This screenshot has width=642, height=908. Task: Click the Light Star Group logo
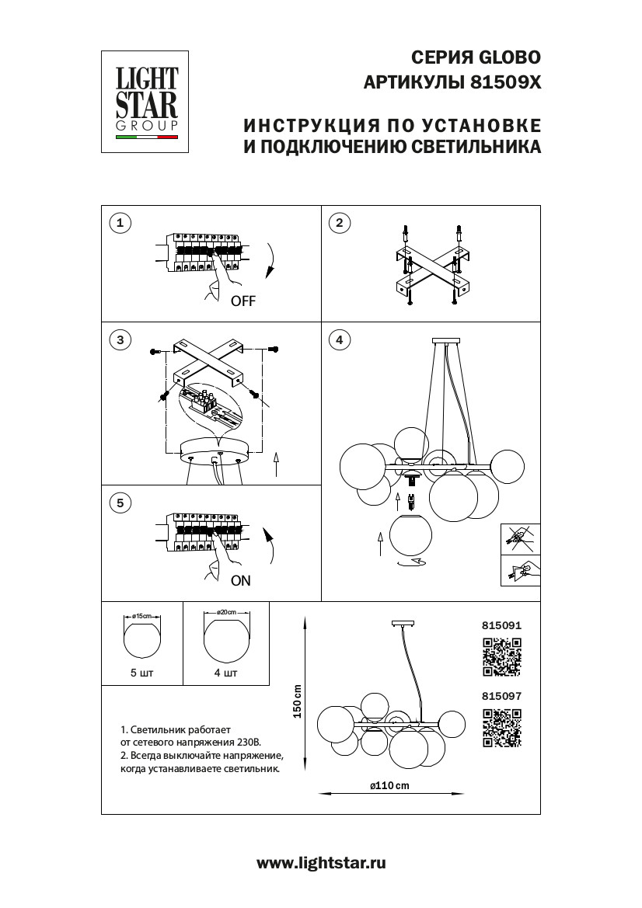click(148, 102)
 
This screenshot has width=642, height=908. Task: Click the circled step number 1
click(119, 224)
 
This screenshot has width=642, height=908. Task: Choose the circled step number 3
click(119, 339)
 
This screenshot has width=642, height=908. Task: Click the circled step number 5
click(119, 503)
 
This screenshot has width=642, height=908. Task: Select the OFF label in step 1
click(242, 302)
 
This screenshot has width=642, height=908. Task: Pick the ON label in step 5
click(241, 580)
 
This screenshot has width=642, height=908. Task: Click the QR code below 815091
click(501, 656)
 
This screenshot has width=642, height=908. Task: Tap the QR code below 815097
click(501, 728)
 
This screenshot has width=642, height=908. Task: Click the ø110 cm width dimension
click(389, 786)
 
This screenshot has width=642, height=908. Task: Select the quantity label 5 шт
click(142, 673)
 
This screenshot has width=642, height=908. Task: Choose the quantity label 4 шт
click(225, 673)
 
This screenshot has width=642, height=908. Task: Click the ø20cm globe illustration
click(226, 638)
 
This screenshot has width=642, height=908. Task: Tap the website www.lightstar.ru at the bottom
click(321, 863)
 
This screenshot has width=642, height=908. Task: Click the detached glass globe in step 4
click(411, 537)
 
